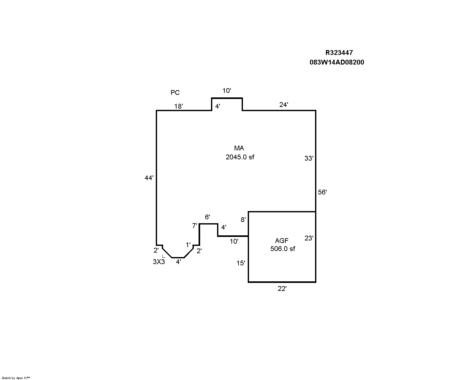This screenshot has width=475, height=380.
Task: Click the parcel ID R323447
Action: click(339, 53)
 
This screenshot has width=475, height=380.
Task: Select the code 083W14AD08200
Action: click(337, 62)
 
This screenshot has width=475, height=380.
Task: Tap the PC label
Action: click(175, 93)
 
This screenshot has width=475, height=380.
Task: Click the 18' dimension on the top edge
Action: click(178, 106)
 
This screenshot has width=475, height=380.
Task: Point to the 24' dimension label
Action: click(284, 104)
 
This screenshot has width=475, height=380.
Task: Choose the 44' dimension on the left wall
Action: click(149, 178)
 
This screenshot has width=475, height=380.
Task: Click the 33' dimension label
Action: click(309, 158)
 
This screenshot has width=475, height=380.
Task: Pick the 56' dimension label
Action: click(322, 192)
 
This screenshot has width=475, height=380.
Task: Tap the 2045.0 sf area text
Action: click(240, 157)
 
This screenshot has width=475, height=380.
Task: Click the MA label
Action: click(239, 148)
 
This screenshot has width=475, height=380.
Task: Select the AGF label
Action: click(282, 241)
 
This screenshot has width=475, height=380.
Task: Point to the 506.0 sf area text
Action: click(283, 249)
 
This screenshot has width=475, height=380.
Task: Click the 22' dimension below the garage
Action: click(282, 289)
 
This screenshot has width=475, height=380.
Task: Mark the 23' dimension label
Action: click(309, 238)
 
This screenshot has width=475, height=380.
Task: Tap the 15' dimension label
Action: click(241, 263)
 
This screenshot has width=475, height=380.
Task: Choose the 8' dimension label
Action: click(243, 220)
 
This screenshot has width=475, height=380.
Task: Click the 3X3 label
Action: click(159, 262)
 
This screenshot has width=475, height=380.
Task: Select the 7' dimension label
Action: click(195, 226)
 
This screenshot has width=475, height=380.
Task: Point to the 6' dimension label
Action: click(207, 217)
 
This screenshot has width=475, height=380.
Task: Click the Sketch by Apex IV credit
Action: click(16, 378)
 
